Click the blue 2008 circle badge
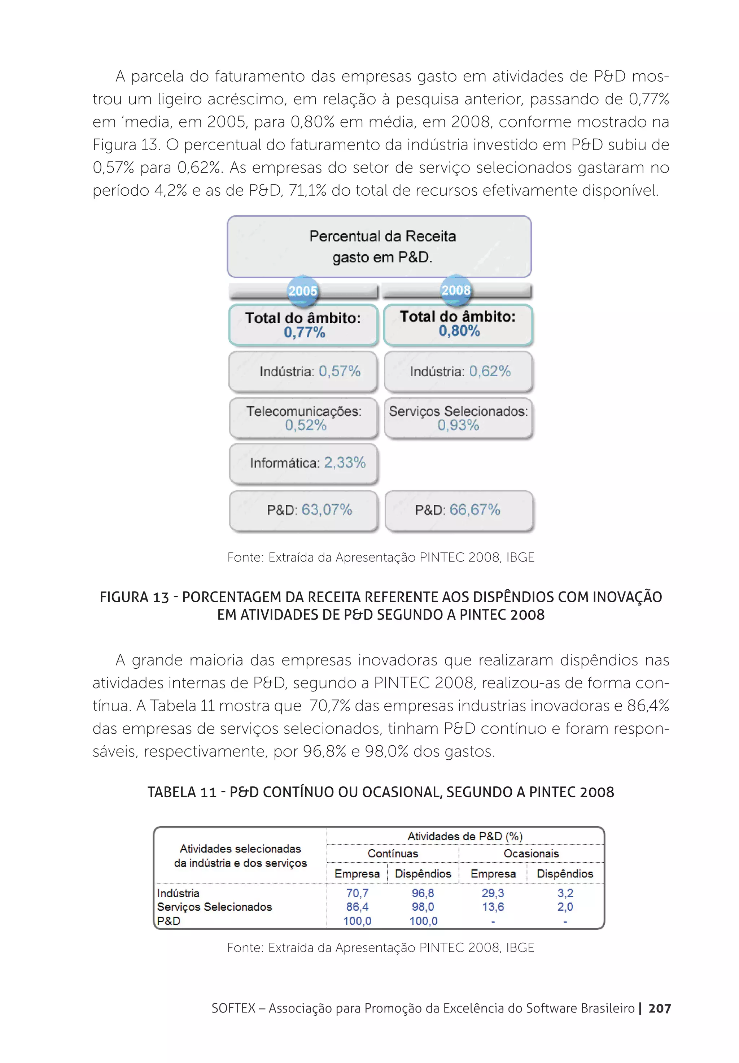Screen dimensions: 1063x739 point(456,290)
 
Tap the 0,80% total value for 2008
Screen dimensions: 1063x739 point(459,331)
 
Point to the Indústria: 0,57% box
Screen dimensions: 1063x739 point(303,371)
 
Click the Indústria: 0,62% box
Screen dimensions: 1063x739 point(459,371)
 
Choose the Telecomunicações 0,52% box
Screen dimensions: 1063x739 point(303,418)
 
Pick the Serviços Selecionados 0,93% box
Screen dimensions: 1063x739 point(459,418)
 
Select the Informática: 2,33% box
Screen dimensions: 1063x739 point(303,463)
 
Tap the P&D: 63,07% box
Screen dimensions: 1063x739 point(303,510)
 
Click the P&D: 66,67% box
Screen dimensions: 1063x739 point(459,510)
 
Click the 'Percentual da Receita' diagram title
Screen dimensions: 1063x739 point(382,236)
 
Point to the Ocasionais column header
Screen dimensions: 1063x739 point(531,853)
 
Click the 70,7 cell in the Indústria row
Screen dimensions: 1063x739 point(357,893)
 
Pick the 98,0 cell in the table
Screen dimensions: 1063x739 point(423,907)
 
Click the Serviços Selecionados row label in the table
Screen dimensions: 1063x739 point(214,907)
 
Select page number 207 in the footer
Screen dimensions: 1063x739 point(659,1008)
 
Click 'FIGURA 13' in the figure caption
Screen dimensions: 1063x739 point(134,597)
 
